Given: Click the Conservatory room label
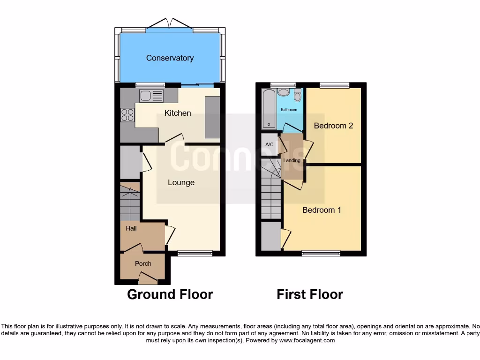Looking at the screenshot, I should [x=170, y=58].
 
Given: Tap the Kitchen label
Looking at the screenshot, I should [x=178, y=113].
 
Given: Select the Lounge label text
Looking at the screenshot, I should [x=181, y=182].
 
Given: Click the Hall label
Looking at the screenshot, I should [x=131, y=228].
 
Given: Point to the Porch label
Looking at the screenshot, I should [x=143, y=263].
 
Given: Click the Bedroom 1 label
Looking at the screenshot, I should [x=322, y=210].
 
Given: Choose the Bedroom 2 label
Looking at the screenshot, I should [x=333, y=126].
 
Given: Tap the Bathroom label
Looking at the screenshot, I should [x=289, y=110].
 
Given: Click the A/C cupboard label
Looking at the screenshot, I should [x=270, y=145].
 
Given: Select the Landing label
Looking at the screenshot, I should [x=292, y=160].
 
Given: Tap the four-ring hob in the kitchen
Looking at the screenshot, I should [x=127, y=115].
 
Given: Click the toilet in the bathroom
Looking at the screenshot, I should [x=297, y=97].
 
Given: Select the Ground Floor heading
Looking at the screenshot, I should [x=170, y=294].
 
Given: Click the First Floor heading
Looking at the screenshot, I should [x=310, y=294].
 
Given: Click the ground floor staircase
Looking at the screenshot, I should [x=130, y=203].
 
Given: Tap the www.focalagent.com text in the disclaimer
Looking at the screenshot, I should [x=307, y=340].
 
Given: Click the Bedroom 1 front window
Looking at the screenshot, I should [x=321, y=254].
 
